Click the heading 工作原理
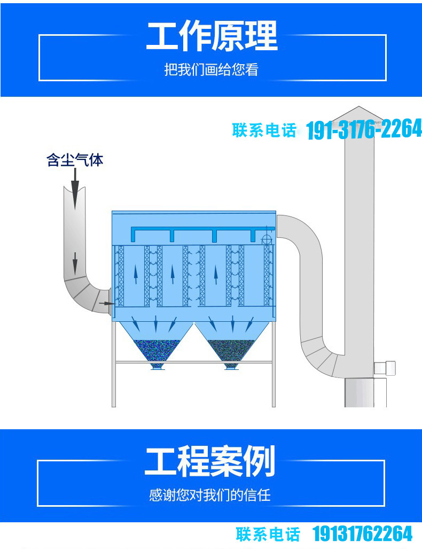(x=212, y=35)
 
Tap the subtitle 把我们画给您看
(x=212, y=69)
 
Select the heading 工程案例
(x=210, y=461)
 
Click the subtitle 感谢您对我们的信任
(x=210, y=495)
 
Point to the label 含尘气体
(x=75, y=160)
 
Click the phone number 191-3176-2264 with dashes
(x=364, y=129)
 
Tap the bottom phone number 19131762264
(x=363, y=534)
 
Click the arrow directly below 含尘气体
(x=75, y=189)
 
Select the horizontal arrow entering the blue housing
(x=107, y=303)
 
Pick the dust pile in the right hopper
(x=231, y=351)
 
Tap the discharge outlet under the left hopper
(x=157, y=366)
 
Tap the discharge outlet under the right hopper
(x=231, y=366)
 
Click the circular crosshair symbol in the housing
(x=267, y=239)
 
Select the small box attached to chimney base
(x=385, y=368)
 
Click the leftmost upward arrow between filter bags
(x=136, y=275)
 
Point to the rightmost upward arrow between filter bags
(x=216, y=275)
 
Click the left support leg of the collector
(x=114, y=364)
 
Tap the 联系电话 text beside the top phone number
(x=264, y=130)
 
